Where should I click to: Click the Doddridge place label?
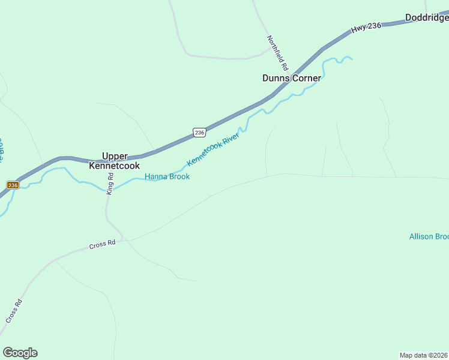pyautogui.click(x=426, y=18)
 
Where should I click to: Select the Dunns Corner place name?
pyautogui.click(x=292, y=78)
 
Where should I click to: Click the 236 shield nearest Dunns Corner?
pyautogui.click(x=200, y=132)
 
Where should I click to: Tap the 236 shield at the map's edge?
pyautogui.click(x=13, y=185)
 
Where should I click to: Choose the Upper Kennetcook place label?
pyautogui.click(x=114, y=161)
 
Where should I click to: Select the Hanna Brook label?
pyautogui.click(x=167, y=176)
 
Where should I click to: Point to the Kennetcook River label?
pyautogui.click(x=213, y=149)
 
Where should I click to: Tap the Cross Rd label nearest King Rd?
pyautogui.click(x=102, y=244)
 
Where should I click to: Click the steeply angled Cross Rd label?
pyautogui.click(x=14, y=311)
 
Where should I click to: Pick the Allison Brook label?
pyautogui.click(x=429, y=236)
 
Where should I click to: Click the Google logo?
pyautogui.click(x=20, y=353)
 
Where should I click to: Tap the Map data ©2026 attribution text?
pyautogui.click(x=424, y=355)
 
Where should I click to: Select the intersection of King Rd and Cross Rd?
pyautogui.click(x=124, y=239)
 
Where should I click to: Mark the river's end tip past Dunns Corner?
pyautogui.click(x=351, y=59)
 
